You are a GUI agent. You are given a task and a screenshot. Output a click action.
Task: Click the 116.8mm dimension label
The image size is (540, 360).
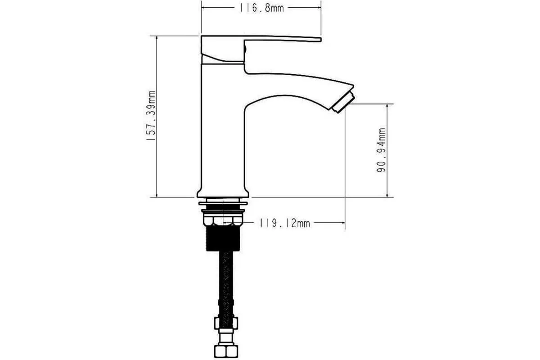(x=261, y=8)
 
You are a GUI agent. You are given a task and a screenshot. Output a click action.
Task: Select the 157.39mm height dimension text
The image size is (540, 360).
(x=151, y=116)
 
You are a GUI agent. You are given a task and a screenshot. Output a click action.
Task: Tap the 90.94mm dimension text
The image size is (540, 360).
(x=381, y=150)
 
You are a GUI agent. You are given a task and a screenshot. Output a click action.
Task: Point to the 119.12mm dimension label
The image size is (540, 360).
(x=285, y=223)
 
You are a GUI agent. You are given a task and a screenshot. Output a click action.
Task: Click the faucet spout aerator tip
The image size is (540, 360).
(x=343, y=103)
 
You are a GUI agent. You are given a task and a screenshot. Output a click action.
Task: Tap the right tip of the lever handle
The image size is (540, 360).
(x=320, y=40)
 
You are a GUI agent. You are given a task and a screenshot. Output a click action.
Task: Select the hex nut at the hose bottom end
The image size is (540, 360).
(x=226, y=351)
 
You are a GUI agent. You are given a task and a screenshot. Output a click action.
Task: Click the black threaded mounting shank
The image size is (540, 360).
(x=223, y=238)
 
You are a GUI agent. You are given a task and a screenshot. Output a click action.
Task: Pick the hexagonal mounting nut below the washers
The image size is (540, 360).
(x=223, y=220)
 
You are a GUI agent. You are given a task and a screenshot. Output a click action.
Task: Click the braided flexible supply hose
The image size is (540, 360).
(x=226, y=284)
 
